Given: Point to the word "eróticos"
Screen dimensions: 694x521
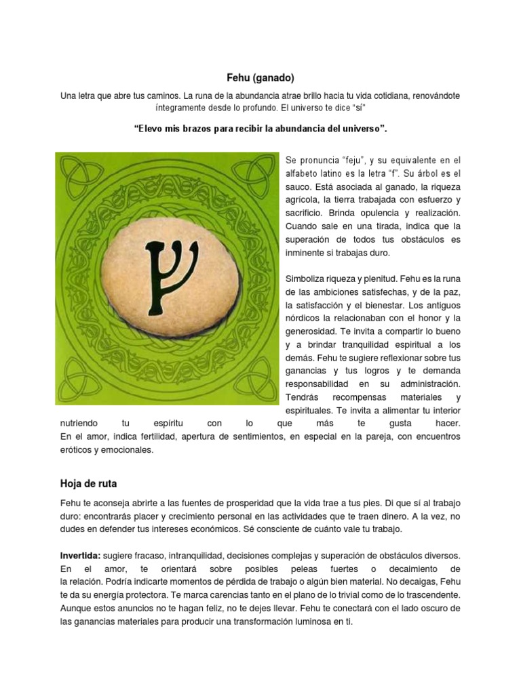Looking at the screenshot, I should tap(78, 449).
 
